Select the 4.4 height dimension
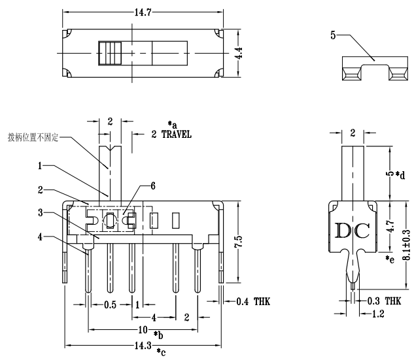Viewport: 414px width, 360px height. tap(240, 53)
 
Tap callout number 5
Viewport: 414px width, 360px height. tap(333, 37)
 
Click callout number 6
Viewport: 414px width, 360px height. tap(152, 186)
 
